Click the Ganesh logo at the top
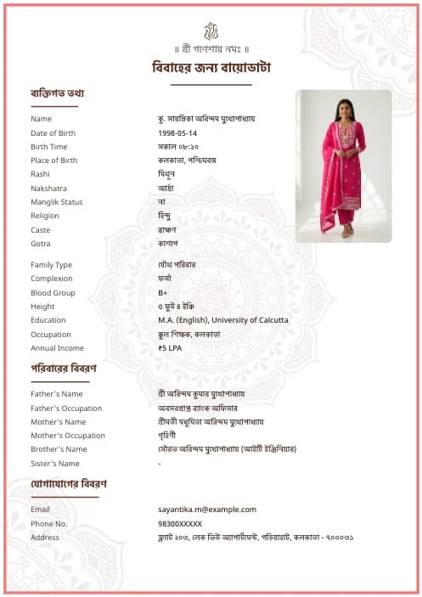click(211, 31)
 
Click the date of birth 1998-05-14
click(177, 133)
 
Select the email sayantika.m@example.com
click(206, 510)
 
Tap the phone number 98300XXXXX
click(180, 524)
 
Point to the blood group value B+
click(163, 293)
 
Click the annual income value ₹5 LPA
click(170, 348)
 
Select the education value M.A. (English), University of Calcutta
click(222, 320)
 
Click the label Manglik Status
click(57, 202)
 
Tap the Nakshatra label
click(48, 189)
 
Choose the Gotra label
click(42, 244)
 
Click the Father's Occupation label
click(66, 408)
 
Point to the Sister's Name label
click(55, 464)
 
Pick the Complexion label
click(52, 279)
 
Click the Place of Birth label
click(53, 161)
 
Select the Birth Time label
click(48, 147)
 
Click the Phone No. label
click(48, 524)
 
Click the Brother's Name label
click(59, 449)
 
